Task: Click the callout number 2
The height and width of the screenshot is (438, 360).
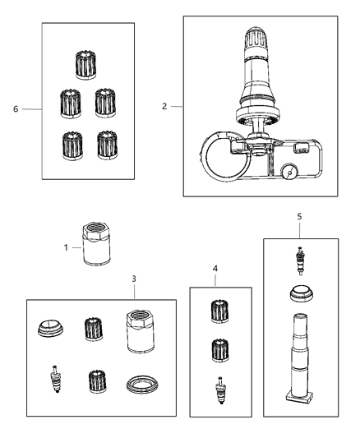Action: [x=164, y=107]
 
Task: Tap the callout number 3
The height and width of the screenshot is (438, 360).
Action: [x=134, y=279]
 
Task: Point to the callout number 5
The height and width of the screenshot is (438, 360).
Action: [x=300, y=216]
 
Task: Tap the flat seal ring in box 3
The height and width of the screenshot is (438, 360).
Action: [x=139, y=383]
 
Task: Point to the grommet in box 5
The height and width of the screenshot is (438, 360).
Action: [x=300, y=294]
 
